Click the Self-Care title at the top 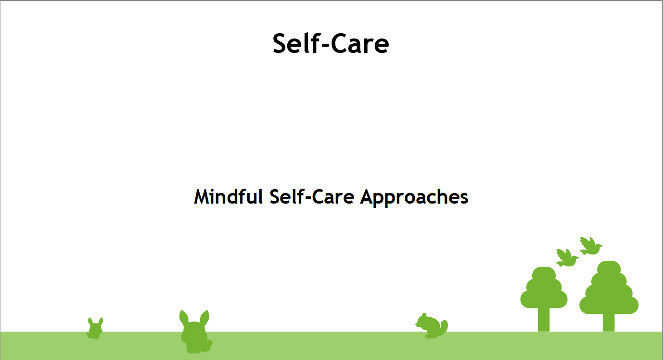pyautogui.click(x=331, y=43)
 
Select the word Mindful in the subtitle pyautogui.click(x=228, y=197)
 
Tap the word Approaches pyautogui.click(x=414, y=197)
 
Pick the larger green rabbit pyautogui.click(x=195, y=334)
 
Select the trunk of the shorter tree pyautogui.click(x=544, y=319)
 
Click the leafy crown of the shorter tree pyautogui.click(x=544, y=289)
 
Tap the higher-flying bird pyautogui.click(x=590, y=246)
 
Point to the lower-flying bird pyautogui.click(x=567, y=257)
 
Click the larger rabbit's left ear pyautogui.click(x=183, y=318)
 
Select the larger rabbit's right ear pyautogui.click(x=205, y=317)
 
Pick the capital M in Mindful pyautogui.click(x=203, y=197)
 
